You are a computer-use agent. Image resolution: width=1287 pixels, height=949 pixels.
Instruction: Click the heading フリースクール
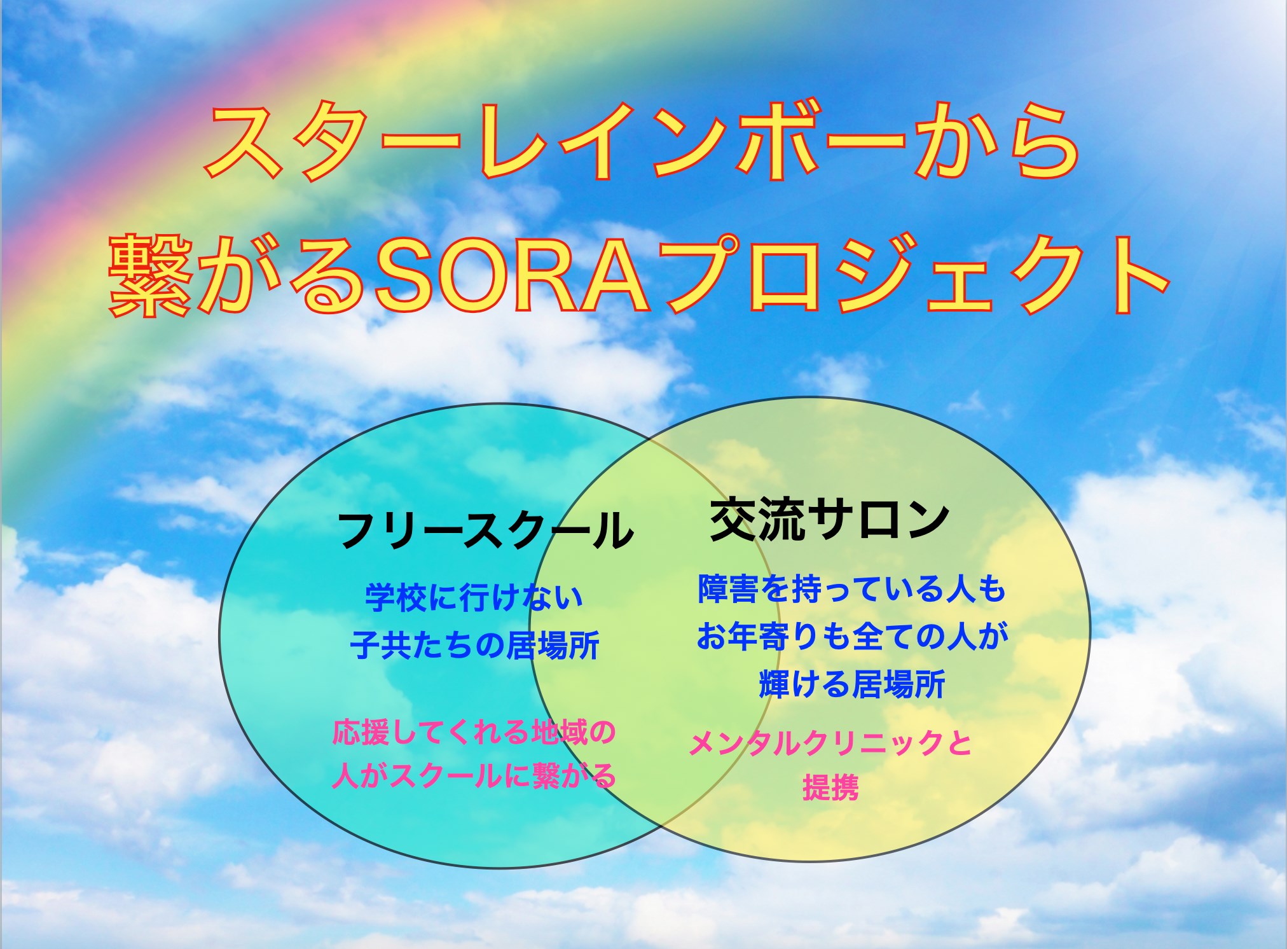(x=485, y=530)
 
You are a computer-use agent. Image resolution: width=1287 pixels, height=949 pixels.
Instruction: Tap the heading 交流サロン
(x=830, y=520)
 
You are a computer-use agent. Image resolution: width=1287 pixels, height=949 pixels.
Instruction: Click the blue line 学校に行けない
(x=474, y=597)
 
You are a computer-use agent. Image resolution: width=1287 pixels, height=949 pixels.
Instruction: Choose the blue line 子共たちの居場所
(x=475, y=645)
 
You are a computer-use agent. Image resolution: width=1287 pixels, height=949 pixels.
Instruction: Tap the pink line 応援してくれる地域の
(x=474, y=732)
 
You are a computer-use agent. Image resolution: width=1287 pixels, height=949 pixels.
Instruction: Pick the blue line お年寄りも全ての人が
(x=853, y=636)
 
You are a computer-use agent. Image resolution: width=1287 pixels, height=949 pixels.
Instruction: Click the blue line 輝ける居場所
(x=852, y=684)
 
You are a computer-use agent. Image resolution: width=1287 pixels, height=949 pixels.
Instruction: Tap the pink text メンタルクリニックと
(x=830, y=743)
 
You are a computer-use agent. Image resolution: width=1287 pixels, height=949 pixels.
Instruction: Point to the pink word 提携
(x=830, y=787)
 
